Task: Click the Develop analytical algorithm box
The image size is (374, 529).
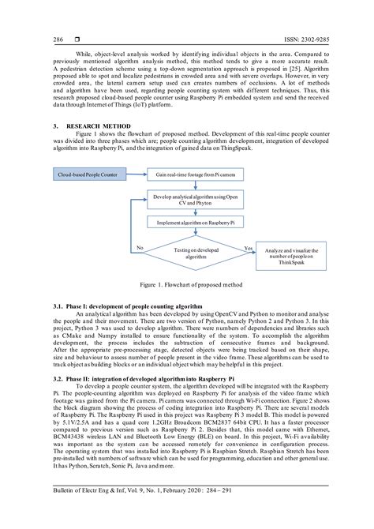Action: pos(194,199)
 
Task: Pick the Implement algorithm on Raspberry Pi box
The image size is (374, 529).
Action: pos(194,223)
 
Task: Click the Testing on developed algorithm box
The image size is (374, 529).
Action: pos(194,253)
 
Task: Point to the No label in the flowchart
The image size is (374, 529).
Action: pos(139,247)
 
